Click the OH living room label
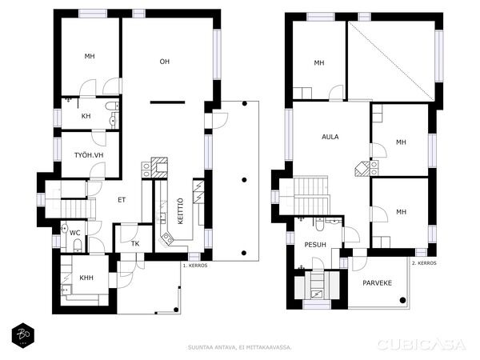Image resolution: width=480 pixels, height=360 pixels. tap(164, 62)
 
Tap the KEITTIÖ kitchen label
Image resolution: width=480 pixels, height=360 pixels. tap(181, 211)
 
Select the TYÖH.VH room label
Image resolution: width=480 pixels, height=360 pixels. tap(89, 155)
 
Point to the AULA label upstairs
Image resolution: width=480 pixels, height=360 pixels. tap(330, 137)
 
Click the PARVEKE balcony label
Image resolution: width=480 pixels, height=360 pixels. tap(377, 283)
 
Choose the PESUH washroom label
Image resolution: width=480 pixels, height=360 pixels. tap(315, 245)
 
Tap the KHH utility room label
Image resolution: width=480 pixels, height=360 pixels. tap(86, 278)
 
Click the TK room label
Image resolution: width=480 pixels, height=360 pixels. tap(135, 244)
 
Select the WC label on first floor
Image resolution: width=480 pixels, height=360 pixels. tap(75, 233)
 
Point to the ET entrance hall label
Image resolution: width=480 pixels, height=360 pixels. tap(122, 200)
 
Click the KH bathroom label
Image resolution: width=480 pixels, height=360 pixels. tap(86, 116)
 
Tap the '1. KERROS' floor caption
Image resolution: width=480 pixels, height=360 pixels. tap(195, 266)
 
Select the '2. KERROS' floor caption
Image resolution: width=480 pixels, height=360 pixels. tap(424, 263)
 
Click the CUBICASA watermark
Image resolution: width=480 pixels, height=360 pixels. tap(422, 345)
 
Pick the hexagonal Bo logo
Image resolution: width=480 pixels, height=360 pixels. tap(23, 335)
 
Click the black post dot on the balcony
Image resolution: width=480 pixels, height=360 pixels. tap(403, 300)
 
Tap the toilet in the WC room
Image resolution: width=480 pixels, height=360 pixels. tap(78, 246)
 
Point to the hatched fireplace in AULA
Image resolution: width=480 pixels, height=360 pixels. tap(362, 169)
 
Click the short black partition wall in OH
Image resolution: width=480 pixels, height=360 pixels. tap(167, 102)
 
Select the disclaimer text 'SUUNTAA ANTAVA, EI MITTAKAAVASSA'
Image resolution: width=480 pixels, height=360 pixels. tap(240, 347)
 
